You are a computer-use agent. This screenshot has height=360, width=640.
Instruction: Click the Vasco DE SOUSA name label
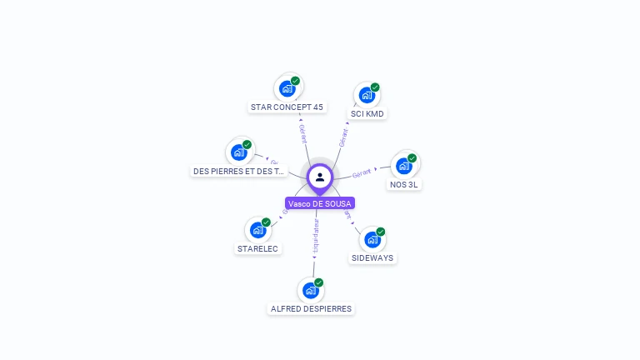point(320,203)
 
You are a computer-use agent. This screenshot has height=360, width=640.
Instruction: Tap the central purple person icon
point(320,177)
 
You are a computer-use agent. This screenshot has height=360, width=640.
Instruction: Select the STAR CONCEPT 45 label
point(287,107)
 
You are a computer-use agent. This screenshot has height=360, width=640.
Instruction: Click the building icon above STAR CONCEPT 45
point(287,87)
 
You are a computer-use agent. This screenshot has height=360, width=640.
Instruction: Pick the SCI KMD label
point(367,113)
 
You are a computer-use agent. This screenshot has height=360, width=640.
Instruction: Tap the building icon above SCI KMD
point(367,95)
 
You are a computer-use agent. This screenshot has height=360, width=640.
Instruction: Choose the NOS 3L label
point(404,184)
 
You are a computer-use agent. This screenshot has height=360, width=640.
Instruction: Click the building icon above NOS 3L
point(404,165)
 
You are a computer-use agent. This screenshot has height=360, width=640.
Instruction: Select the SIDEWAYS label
point(372,257)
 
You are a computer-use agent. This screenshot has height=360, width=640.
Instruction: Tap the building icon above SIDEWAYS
point(372,239)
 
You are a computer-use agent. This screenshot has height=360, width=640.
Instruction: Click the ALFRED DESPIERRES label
point(311,308)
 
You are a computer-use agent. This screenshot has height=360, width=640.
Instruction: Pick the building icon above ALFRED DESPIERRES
point(310,290)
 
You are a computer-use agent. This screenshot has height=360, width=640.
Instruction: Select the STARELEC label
point(257,248)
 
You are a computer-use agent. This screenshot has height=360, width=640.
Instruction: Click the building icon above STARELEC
point(257,229)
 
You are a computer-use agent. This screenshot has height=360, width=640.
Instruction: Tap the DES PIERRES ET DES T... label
point(238,171)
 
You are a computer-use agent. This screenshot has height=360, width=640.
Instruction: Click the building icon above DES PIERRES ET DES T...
point(238,152)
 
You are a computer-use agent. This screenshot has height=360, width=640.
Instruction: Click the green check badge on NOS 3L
point(412,158)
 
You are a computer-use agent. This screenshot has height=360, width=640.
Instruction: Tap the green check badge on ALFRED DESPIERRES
point(318,282)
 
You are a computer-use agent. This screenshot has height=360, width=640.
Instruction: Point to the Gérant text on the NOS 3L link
point(362,172)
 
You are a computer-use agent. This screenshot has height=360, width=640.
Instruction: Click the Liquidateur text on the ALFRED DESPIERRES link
point(316,236)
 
